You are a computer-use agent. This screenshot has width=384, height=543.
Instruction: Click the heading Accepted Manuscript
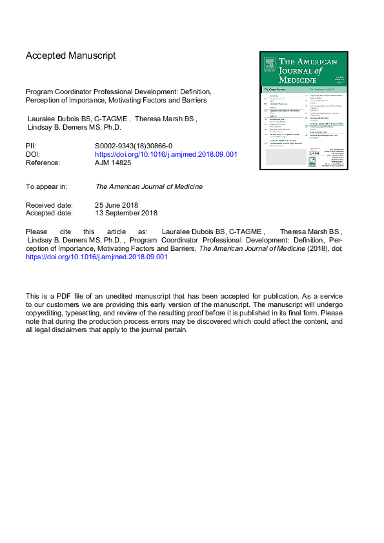(70, 55)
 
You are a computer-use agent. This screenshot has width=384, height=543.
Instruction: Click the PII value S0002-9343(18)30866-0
(134, 147)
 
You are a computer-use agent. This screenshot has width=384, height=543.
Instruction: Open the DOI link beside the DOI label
(166, 155)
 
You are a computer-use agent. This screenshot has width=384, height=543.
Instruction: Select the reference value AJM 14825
(116, 163)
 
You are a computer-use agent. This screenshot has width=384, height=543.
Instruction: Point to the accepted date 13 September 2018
(126, 213)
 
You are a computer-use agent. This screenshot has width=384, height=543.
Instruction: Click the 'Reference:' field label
(43, 163)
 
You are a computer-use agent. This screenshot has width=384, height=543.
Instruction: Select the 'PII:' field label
(32, 147)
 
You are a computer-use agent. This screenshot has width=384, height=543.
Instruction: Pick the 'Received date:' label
(50, 204)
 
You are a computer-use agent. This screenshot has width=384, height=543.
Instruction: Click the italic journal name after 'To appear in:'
(149, 186)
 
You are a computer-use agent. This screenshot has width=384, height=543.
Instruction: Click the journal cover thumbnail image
(303, 110)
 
